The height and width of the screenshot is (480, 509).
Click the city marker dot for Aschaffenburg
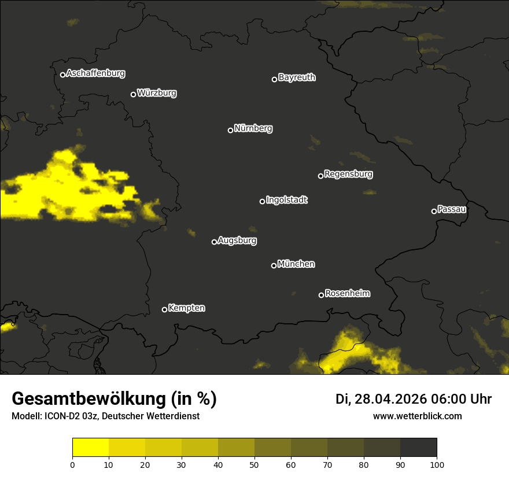pos(62,75)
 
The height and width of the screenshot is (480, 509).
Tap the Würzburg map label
pos(157,93)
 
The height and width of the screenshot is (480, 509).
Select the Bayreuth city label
pos(297,77)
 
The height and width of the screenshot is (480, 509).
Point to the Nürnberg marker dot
pos(230,130)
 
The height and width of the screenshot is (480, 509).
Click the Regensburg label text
pos(348,174)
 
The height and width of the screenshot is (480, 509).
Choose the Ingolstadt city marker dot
pos(262,201)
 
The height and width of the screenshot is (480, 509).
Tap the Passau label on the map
pos(452,209)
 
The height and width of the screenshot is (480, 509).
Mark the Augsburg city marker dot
pos(214,242)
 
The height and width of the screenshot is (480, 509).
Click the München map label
pos(296,264)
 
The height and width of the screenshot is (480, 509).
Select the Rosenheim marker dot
pos(321,296)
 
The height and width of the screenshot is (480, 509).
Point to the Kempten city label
pos(186,308)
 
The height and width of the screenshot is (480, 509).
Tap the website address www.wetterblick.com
pos(417,416)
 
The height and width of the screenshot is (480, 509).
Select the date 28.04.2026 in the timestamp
pos(391,399)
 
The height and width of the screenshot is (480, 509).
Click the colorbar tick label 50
pos(254,464)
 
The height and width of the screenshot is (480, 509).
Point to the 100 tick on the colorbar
pos(436,464)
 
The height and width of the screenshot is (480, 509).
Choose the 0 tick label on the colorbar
pos(72,464)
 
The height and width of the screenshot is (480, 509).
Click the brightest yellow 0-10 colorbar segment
pos(91,448)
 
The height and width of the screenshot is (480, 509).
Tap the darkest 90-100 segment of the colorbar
pos(418,448)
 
